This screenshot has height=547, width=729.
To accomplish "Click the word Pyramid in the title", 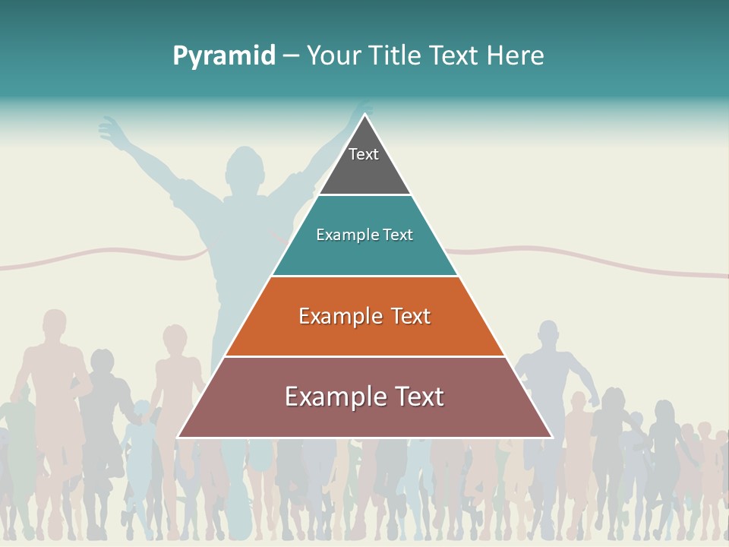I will coord(224,56).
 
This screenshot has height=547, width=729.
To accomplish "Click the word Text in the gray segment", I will coord(364,154).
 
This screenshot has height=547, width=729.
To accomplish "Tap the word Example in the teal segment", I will coord(340,235).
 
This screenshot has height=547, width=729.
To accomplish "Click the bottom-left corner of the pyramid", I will coord(178,437).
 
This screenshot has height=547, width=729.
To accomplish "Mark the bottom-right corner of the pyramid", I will coord(552,437).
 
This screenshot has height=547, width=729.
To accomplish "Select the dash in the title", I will coord(291,56).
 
